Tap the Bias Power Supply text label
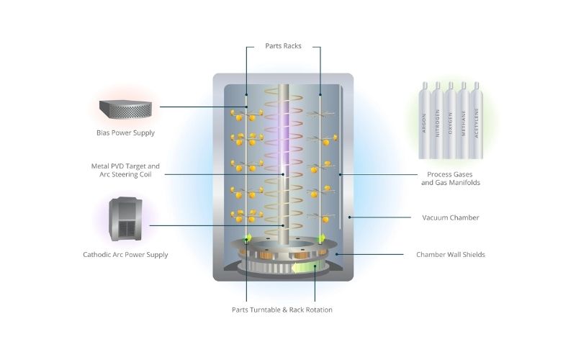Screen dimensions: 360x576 pyautogui.click(x=125, y=132)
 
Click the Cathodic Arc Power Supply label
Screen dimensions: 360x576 pyautogui.click(x=125, y=254)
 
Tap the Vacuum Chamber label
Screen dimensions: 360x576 pyautogui.click(x=449, y=217)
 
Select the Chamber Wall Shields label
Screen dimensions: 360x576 pyautogui.click(x=450, y=254)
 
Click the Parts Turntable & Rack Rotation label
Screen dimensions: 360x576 pyautogui.click(x=282, y=310)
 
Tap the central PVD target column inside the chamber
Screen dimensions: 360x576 pyautogui.click(x=283, y=158)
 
